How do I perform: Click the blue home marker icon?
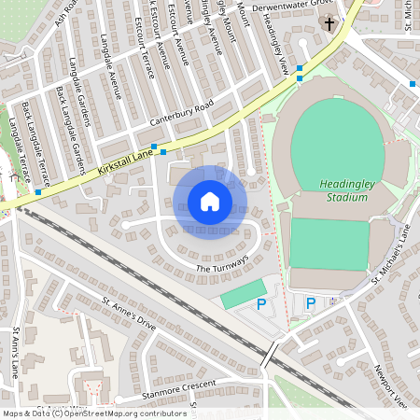[210, 202]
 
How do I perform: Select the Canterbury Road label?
[182, 113]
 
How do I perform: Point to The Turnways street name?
[222, 264]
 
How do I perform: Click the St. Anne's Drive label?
[128, 315]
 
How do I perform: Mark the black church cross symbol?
[329, 22]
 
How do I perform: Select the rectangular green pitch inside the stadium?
[329, 243]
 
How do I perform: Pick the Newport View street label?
[389, 383]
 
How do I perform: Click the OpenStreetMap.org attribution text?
[121, 413]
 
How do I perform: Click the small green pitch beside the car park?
[241, 297]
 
